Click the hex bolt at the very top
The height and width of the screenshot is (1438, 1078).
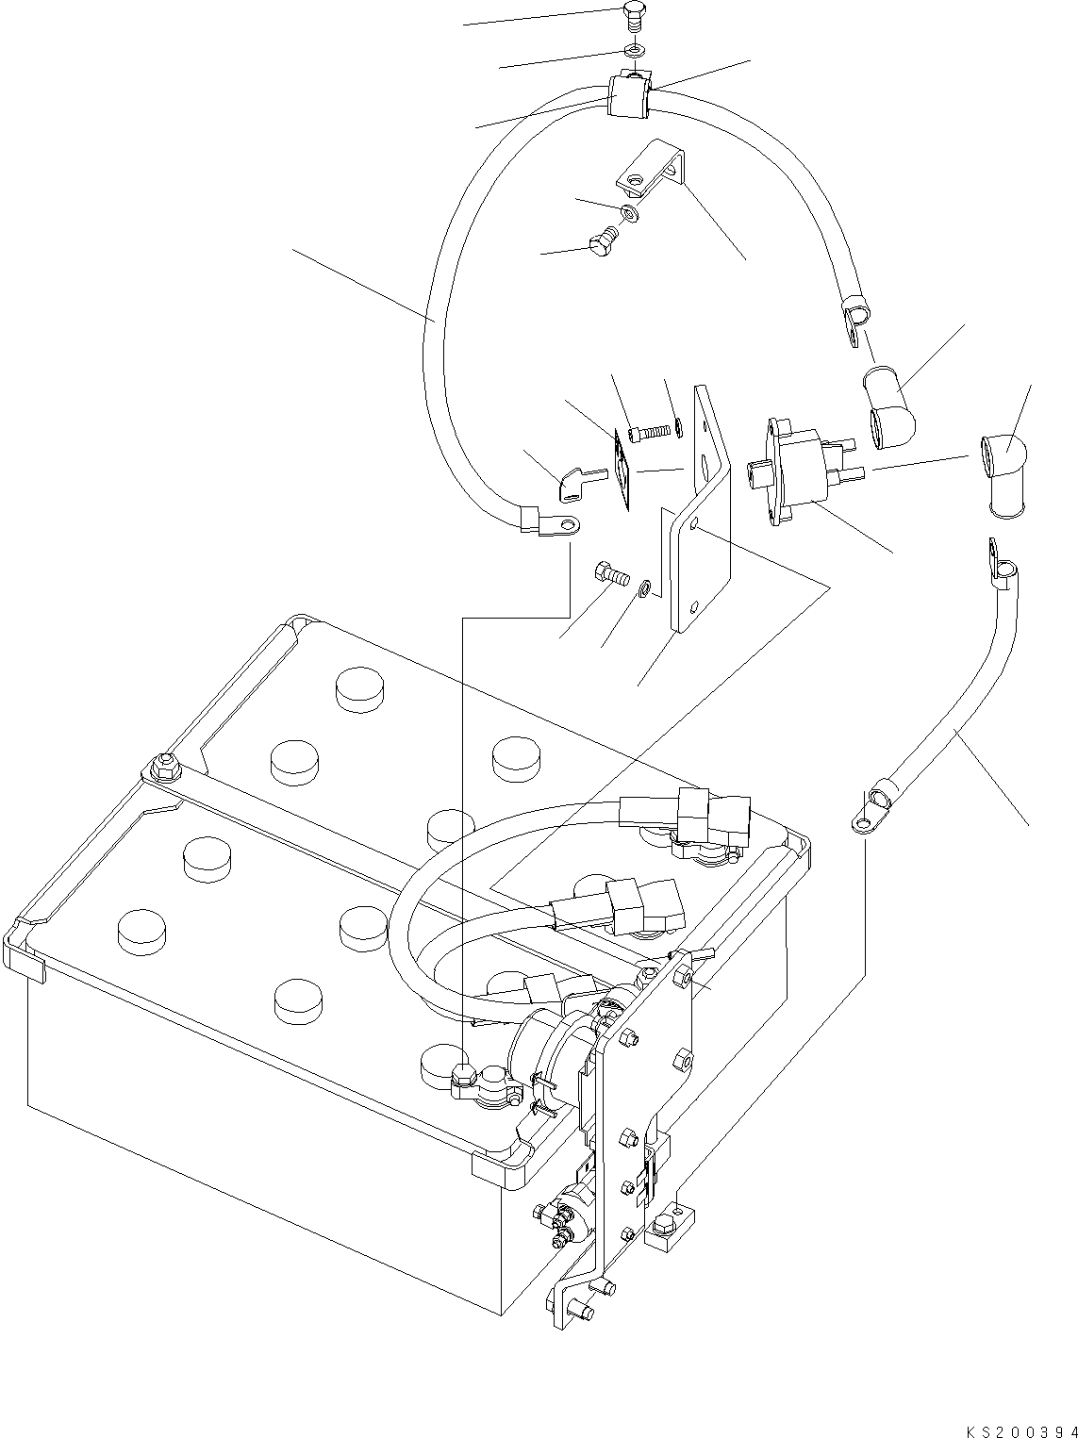[x=635, y=15]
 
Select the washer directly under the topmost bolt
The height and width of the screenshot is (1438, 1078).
[x=634, y=49]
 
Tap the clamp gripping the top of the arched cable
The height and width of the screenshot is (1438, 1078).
[x=627, y=96]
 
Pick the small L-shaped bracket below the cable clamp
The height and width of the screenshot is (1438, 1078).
[x=654, y=169]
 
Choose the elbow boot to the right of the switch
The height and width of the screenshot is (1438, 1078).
[x=1003, y=469]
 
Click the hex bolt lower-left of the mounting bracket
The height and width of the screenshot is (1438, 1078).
[x=612, y=572]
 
